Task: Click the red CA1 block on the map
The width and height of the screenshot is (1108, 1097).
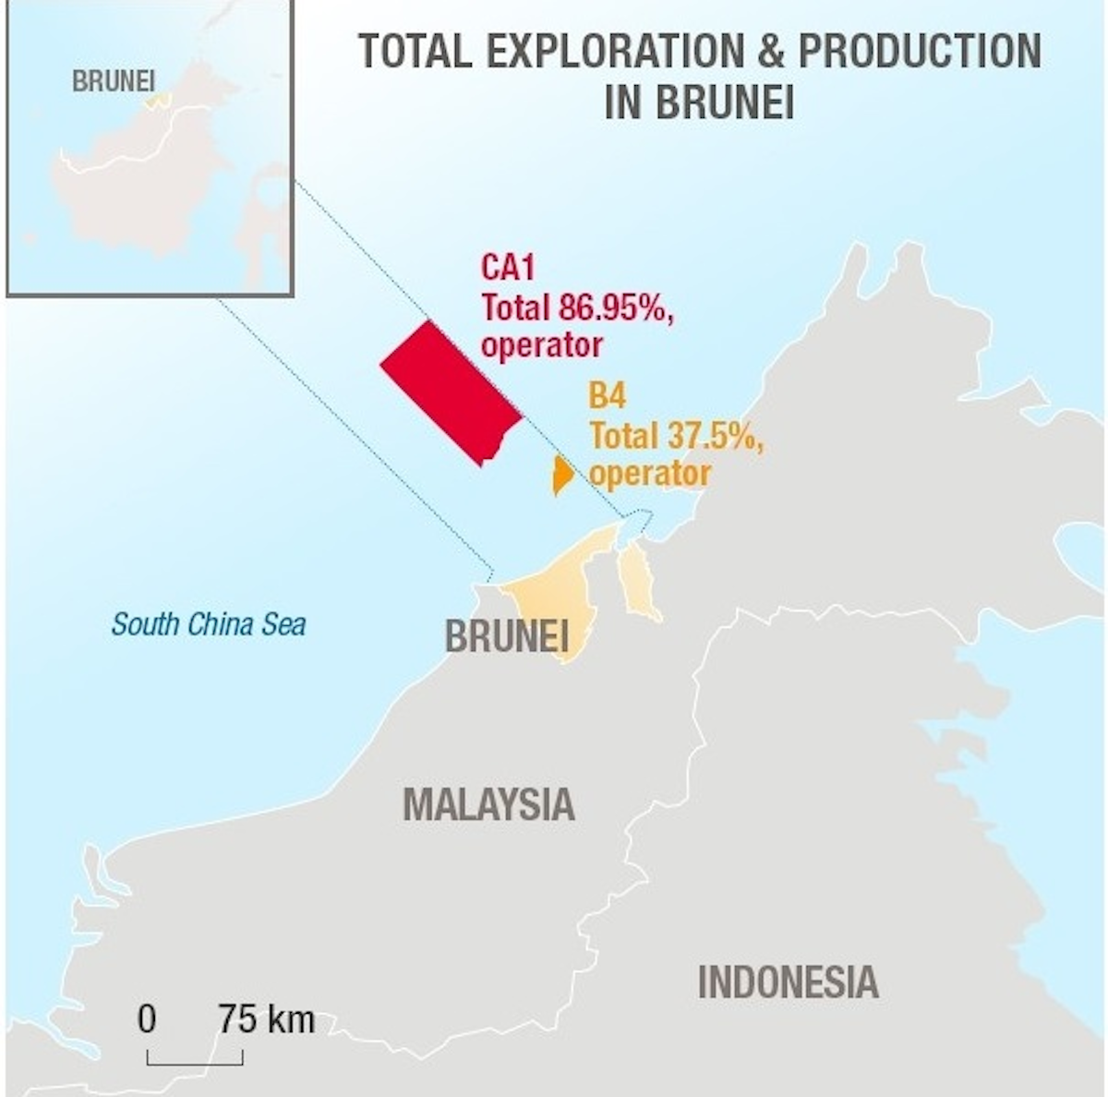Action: click(x=452, y=393)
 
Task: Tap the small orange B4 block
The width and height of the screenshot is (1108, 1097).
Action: click(x=561, y=475)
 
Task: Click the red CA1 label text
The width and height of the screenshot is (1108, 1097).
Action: click(x=508, y=268)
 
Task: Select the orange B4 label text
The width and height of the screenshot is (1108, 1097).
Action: click(x=608, y=397)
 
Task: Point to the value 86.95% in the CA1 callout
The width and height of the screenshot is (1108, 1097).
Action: click(x=614, y=307)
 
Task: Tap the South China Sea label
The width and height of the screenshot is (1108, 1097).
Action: click(x=209, y=624)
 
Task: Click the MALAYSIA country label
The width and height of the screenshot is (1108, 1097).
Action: click(x=488, y=804)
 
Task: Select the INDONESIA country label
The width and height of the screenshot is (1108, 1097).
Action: click(x=788, y=982)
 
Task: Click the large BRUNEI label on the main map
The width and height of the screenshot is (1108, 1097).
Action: click(x=506, y=636)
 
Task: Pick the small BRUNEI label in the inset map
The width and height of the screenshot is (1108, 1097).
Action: click(x=114, y=81)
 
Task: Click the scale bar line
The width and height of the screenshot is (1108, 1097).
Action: click(x=195, y=1063)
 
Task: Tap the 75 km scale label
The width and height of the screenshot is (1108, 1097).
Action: click(x=267, y=1020)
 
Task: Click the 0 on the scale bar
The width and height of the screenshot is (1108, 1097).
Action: click(x=147, y=1020)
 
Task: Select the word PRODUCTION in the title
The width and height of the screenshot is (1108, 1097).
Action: click(x=919, y=51)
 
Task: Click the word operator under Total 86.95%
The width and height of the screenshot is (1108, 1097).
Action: click(x=541, y=345)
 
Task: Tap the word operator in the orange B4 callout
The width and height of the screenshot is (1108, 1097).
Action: click(x=650, y=474)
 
